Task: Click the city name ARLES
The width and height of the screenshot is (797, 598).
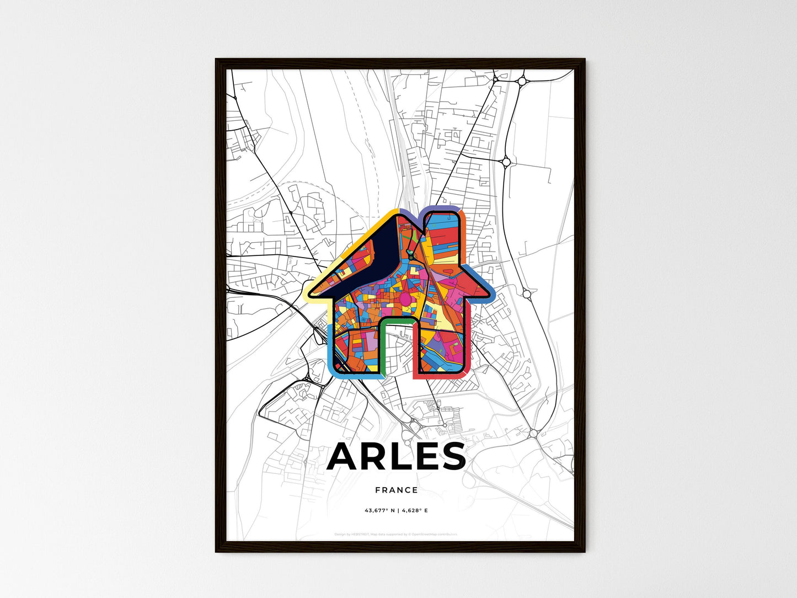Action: click(x=397, y=456)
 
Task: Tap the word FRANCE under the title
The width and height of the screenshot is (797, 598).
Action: click(x=397, y=490)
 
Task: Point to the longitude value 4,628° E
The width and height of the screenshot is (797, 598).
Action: click(x=416, y=511)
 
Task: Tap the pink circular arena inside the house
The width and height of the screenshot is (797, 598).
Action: click(x=406, y=299)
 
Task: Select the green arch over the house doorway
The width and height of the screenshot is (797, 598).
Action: click(x=397, y=319)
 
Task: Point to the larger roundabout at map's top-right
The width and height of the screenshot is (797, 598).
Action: click(x=521, y=81)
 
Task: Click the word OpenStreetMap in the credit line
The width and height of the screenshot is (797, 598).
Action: click(x=424, y=534)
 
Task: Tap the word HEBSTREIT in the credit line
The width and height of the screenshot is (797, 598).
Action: click(x=360, y=534)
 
